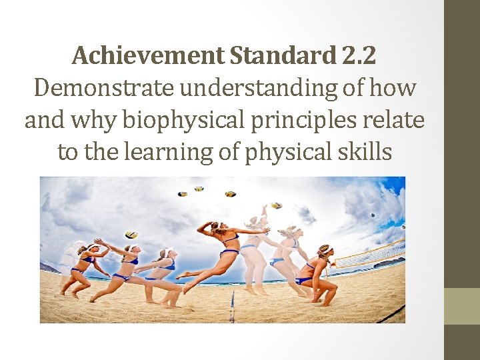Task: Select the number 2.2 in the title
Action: pyautogui.click(x=359, y=55)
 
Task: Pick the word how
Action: pyautogui.click(x=393, y=87)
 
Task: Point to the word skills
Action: pyautogui.click(x=367, y=152)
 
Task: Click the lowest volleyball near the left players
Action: pyautogui.click(x=131, y=234)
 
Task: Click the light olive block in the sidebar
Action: pyautogui.click(x=462, y=305)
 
